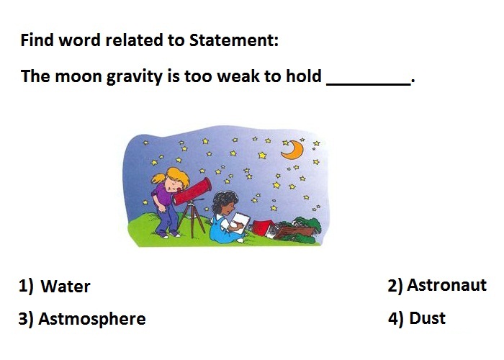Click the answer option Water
66,286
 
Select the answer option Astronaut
447,285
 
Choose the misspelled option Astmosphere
92,319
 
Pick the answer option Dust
427,318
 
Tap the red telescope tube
193,192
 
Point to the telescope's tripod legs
192,219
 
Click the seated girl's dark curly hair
223,201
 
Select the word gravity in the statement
135,77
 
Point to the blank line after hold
369,84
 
